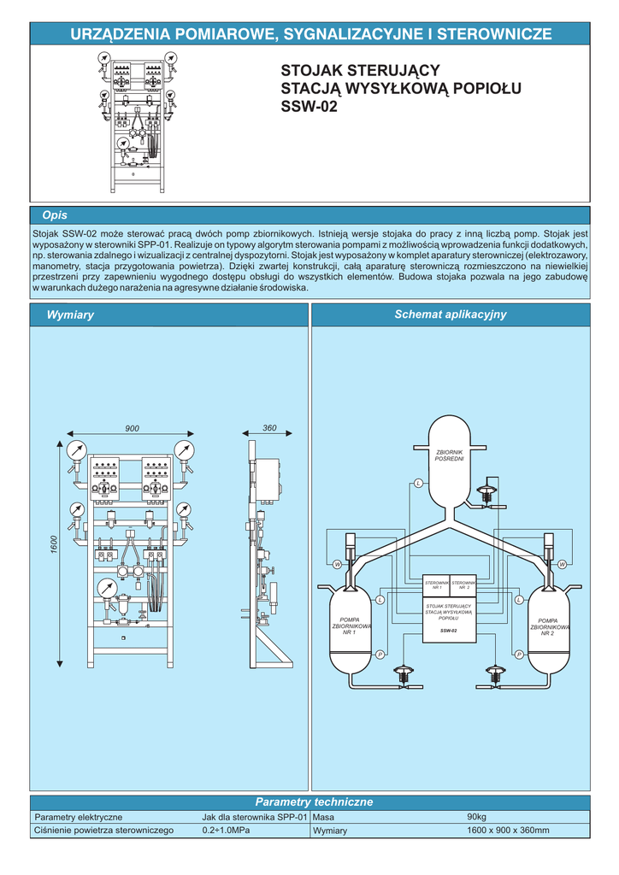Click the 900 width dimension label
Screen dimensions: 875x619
(132, 428)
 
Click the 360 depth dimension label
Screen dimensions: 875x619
(269, 428)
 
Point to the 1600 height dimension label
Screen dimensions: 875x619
(53, 544)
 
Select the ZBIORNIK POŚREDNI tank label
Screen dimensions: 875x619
(450, 455)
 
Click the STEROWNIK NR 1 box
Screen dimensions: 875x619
(437, 585)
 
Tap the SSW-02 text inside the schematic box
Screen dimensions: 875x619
(449, 631)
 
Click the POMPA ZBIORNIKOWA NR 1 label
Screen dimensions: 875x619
(349, 626)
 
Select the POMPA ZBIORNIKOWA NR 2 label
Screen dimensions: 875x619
(547, 626)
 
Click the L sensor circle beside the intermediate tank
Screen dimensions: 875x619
(418, 484)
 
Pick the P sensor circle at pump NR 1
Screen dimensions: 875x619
(379, 655)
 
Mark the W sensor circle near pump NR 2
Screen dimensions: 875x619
(563, 565)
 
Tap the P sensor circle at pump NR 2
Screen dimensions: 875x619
(518, 655)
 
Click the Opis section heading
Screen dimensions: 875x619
(55, 215)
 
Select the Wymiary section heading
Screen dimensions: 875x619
(70, 315)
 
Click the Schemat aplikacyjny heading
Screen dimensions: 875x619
(450, 314)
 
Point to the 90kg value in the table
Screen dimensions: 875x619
(476, 817)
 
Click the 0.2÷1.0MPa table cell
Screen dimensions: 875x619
(226, 831)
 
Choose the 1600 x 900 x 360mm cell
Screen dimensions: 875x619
(508, 831)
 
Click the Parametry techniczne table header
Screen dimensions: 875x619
(315, 802)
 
